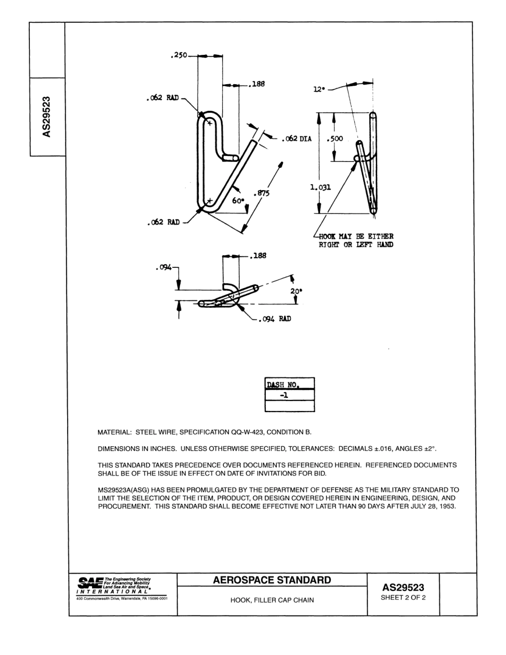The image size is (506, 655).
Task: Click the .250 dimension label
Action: [178, 55]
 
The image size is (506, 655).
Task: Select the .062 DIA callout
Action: [296, 140]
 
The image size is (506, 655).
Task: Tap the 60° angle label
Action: [238, 201]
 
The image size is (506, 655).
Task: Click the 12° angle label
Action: [319, 90]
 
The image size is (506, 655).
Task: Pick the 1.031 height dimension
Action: [321, 187]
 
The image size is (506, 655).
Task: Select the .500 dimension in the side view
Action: [335, 139]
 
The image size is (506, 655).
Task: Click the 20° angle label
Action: [296, 291]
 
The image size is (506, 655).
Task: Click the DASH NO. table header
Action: [283, 384]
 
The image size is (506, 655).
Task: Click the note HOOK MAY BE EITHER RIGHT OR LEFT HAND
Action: [356, 240]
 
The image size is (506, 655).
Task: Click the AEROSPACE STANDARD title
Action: [272, 580]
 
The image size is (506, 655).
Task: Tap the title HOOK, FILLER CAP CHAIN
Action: [272, 600]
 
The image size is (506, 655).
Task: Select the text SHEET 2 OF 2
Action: [403, 597]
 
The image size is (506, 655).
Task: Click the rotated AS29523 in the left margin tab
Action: [47, 117]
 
